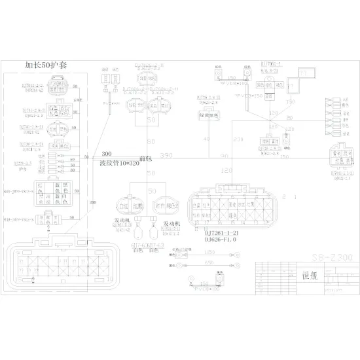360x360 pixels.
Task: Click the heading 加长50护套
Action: click(x=50, y=65)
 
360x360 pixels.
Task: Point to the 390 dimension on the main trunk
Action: click(x=166, y=155)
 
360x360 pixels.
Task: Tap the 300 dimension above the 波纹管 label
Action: click(x=105, y=153)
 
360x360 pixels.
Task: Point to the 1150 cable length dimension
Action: click(x=210, y=251)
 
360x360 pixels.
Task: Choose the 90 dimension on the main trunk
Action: click(x=225, y=155)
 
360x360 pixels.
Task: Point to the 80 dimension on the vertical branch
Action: click(x=151, y=141)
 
